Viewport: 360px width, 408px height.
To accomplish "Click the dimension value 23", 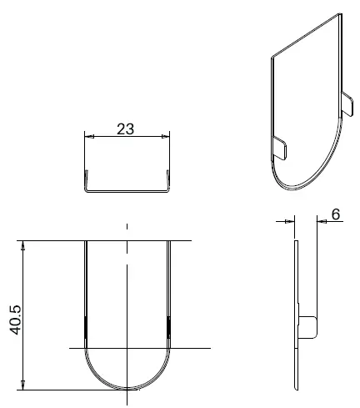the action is (125, 129).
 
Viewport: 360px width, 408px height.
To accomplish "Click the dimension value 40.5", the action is (15, 320).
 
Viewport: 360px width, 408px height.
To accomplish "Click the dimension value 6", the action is (336, 214).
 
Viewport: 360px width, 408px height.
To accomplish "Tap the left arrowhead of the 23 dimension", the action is (89, 136).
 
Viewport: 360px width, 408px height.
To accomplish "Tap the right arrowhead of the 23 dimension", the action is (165, 136).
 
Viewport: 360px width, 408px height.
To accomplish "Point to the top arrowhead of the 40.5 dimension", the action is (23, 245).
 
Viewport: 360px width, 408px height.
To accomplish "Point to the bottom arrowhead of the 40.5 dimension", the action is (23, 385).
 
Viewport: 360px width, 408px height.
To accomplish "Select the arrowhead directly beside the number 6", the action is (322, 221).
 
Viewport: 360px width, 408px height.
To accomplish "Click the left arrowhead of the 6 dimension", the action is (290, 221).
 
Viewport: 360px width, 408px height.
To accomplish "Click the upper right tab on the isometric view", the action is (347, 103).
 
